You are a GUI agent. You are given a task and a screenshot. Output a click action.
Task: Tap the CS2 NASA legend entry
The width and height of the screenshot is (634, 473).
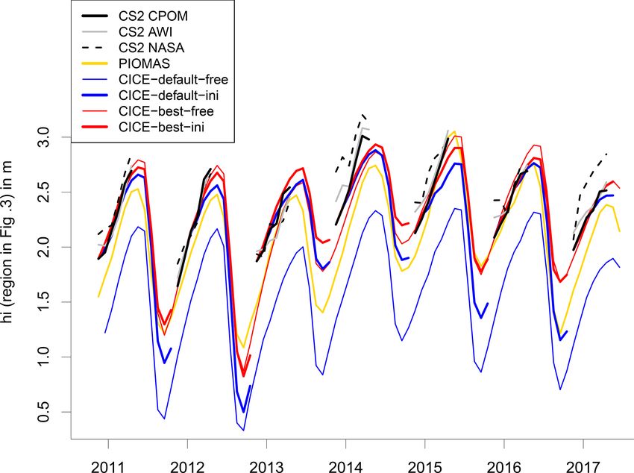tap(158, 47)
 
